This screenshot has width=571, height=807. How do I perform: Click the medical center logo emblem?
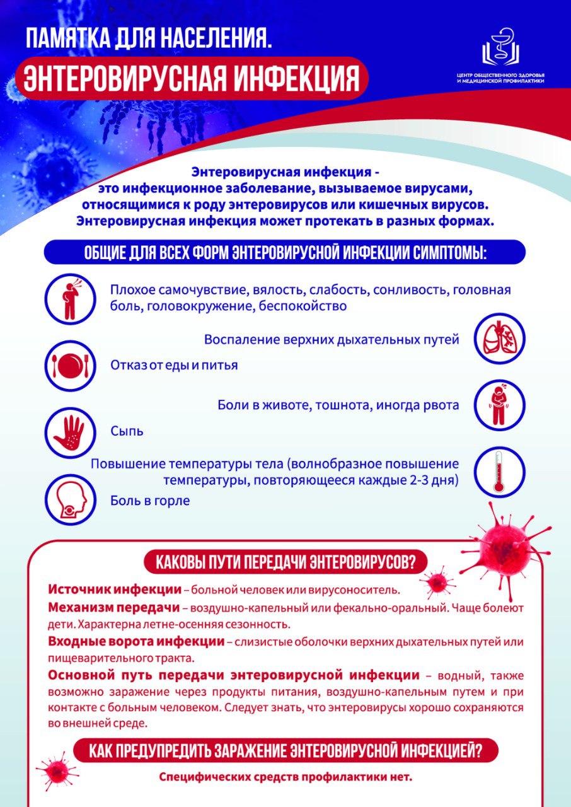[502, 48]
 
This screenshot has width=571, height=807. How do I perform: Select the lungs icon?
[499, 339]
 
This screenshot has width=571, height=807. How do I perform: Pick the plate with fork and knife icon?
[69, 364]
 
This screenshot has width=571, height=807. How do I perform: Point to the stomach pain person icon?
[499, 404]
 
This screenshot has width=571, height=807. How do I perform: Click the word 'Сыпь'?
[127, 431]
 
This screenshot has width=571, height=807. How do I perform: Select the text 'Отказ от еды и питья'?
[174, 365]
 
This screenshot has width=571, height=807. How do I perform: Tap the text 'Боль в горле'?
[150, 501]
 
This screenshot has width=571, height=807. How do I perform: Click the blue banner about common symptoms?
[285, 253]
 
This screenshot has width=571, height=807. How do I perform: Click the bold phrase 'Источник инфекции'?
[114, 590]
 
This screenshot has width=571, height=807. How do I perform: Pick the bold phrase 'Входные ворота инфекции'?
[136, 642]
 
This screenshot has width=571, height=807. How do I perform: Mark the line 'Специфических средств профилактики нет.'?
[285, 777]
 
